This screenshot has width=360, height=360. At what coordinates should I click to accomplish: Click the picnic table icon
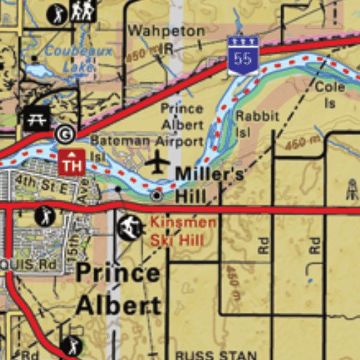pos(37,117)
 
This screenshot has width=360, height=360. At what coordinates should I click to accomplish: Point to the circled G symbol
pos(65,133)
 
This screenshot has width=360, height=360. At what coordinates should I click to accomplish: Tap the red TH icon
pos(72,162)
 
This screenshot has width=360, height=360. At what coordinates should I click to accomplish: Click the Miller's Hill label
pos(200,184)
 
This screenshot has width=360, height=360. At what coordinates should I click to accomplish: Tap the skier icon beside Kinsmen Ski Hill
pos(129,227)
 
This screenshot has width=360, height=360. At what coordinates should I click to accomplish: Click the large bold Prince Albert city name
pos(118,288)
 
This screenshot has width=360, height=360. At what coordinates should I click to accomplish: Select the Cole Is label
pos(330,94)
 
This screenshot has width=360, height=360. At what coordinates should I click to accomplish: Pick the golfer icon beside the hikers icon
pos(57,13)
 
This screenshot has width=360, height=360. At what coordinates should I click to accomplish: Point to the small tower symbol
pos(352,188)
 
